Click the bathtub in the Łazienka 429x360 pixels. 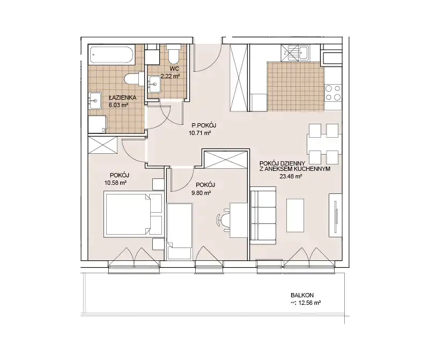coord(112,56)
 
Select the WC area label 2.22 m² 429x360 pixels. coord(170,76)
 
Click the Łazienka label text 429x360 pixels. coord(119,97)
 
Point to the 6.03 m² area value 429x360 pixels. coord(119,104)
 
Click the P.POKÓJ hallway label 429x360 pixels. coord(204,125)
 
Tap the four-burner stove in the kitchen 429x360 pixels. coord(333,93)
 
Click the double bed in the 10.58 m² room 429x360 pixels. coord(133,215)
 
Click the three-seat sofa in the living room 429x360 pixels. coord(263,215)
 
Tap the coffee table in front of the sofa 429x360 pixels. coord(295,215)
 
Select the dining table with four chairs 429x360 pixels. coord(324,144)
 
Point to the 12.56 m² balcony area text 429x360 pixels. coord(309,303)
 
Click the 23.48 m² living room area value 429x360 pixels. coord(291,176)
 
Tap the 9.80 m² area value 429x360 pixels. coord(201,193)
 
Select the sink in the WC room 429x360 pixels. coord(154,84)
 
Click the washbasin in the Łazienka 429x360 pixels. coord(94,101)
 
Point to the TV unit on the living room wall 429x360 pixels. coord(336,215)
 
